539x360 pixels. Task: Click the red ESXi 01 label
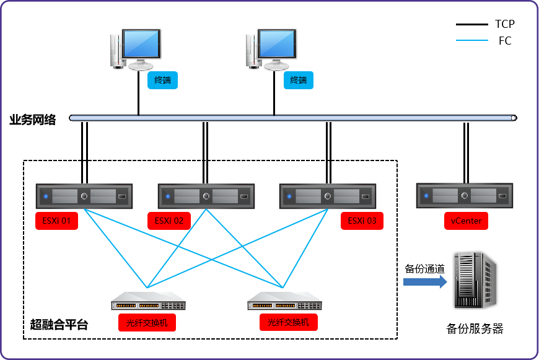point(56,221)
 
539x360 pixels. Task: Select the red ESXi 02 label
point(169,221)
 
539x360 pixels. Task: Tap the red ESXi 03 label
point(362,221)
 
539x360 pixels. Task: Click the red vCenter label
point(466,221)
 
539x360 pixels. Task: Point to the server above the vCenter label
point(465,196)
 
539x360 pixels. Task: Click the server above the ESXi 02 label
point(206,196)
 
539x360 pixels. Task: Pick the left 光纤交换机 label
point(147,323)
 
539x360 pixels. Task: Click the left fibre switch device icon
point(149,305)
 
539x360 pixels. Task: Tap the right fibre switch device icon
point(285,305)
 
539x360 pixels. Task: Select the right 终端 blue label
point(299,81)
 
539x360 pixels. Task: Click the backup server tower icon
point(475,280)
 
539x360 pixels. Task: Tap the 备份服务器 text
point(475,329)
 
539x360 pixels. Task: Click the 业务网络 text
point(33,120)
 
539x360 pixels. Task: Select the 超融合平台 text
point(59,324)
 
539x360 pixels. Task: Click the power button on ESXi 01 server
point(84,196)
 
